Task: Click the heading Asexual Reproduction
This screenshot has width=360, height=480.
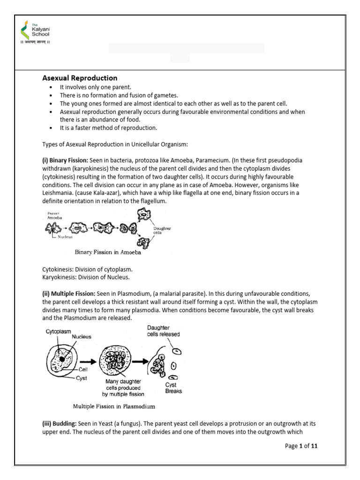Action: pos(80,78)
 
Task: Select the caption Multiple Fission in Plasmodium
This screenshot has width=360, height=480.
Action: pos(107,406)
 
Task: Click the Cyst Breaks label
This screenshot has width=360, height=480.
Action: pos(173,388)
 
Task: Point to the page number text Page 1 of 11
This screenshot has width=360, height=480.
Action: pos(301,446)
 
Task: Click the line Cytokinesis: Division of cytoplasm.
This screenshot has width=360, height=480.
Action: pos(87,269)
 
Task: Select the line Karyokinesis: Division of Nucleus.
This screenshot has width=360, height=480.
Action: pos(86,277)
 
